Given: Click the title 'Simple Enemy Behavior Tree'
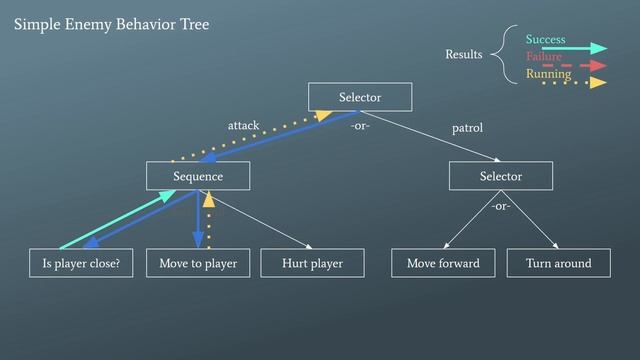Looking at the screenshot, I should point(112,24).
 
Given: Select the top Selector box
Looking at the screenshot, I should point(359,97).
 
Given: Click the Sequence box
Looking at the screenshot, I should point(196,176).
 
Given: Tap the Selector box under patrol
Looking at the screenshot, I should point(500,176).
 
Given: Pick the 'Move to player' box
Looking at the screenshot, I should point(198,264).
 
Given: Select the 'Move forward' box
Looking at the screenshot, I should point(443,264).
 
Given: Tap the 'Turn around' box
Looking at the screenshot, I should point(558,264).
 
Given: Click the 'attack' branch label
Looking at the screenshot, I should point(243,125).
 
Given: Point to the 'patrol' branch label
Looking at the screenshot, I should point(467,128).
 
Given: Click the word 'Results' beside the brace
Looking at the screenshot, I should point(463,54).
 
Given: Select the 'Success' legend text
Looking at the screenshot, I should point(545,39).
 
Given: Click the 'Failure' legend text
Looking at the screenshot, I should point(543,57).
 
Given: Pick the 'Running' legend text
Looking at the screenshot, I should point(548,73).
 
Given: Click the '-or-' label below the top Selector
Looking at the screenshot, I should point(359,127).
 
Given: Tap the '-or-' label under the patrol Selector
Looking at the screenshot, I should point(500,206).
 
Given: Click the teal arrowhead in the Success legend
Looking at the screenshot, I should point(600,47).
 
